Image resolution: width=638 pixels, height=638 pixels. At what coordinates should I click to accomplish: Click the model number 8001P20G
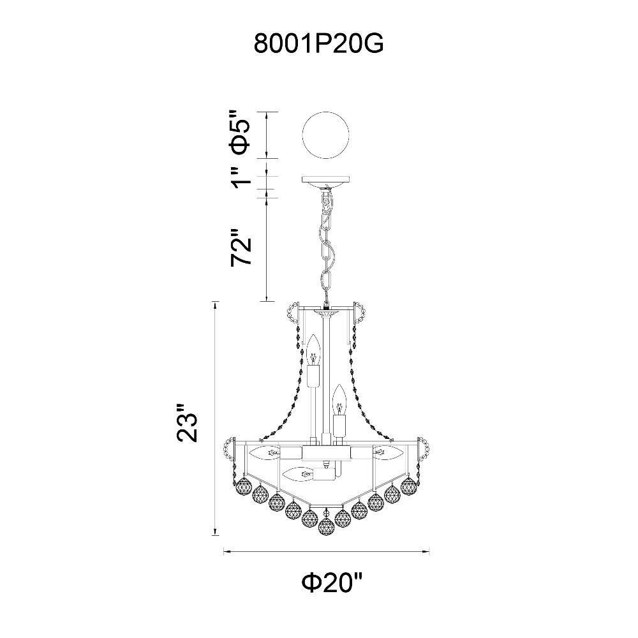(x=318, y=44)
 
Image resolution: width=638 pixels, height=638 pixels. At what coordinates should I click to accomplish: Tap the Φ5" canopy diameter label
(x=240, y=135)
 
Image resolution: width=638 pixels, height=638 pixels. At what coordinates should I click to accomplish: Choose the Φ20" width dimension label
(x=331, y=584)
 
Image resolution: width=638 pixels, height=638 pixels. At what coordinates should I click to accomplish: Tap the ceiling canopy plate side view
(x=325, y=181)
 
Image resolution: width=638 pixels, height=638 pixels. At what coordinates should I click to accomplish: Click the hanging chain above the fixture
(x=327, y=246)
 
